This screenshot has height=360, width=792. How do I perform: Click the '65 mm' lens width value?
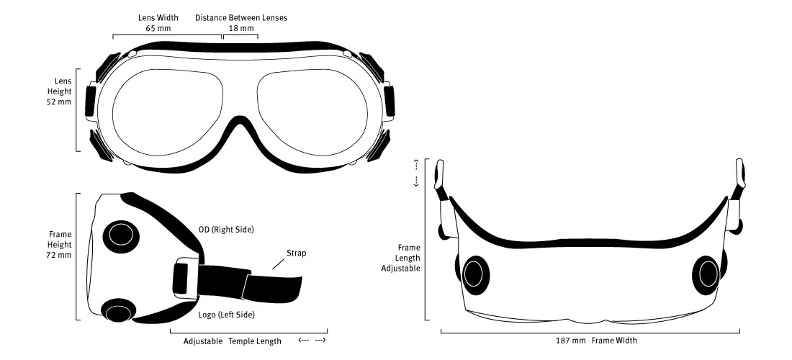pos(157,29)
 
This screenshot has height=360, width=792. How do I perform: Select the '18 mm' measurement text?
pos(241,29)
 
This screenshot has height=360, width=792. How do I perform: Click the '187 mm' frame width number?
pos(573,340)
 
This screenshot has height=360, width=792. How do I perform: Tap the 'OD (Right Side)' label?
pos(226,230)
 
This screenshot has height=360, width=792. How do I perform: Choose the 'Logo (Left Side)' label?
pos(226,315)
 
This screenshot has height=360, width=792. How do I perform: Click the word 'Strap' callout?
pos(296,253)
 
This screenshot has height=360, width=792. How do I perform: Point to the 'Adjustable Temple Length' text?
pos(232,341)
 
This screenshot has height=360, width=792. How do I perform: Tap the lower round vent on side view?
pos(118,311)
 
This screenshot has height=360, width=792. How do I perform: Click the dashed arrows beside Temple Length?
pos(312,341)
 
